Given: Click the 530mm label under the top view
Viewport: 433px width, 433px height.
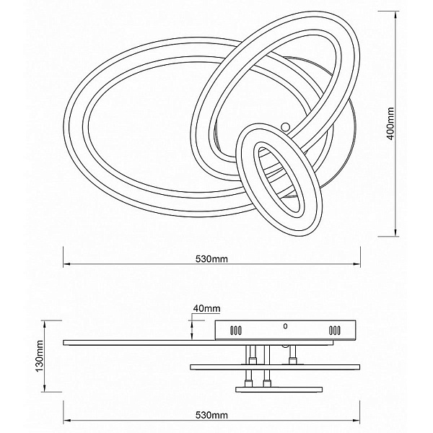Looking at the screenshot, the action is [211, 259].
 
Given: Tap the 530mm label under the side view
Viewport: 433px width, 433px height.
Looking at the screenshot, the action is [211, 415].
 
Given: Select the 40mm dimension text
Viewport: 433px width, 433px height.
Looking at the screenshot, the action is [206, 308].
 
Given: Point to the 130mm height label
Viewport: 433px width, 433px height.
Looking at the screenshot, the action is [40, 356].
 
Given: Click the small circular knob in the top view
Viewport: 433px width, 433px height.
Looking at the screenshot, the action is [285, 127].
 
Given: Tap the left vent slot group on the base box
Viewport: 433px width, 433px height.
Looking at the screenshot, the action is [236, 331].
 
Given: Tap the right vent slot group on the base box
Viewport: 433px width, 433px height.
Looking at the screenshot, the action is [334, 331].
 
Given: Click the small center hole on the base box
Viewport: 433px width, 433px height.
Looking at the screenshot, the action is [285, 326].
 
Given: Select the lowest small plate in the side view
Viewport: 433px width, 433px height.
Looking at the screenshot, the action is [279, 390].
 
